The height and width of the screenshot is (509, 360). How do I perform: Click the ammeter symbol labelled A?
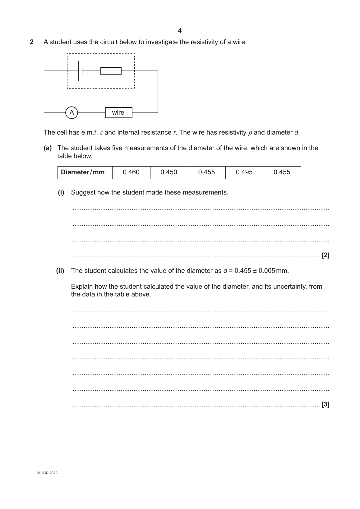(72, 112)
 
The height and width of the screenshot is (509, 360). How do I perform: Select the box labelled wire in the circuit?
(118, 112)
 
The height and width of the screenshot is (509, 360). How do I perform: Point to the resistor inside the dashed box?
(111, 71)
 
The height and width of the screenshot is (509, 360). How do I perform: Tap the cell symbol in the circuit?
(80, 71)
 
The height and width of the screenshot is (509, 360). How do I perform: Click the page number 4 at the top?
(180, 30)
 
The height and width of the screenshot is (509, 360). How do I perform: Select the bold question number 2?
(32, 42)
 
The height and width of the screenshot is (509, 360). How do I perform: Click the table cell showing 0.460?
(131, 172)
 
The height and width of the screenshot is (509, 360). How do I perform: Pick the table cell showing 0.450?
(169, 172)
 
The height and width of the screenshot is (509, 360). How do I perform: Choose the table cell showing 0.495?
(244, 172)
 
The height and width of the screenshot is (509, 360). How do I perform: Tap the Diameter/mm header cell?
(83, 172)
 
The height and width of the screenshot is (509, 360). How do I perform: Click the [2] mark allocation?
(325, 255)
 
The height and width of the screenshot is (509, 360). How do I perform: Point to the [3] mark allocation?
(325, 404)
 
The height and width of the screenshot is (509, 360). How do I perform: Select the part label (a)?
(48, 148)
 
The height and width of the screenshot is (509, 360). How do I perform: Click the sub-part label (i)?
(61, 192)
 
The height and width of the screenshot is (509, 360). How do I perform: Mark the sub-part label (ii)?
(60, 271)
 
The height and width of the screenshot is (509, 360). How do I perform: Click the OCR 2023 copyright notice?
(47, 473)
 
